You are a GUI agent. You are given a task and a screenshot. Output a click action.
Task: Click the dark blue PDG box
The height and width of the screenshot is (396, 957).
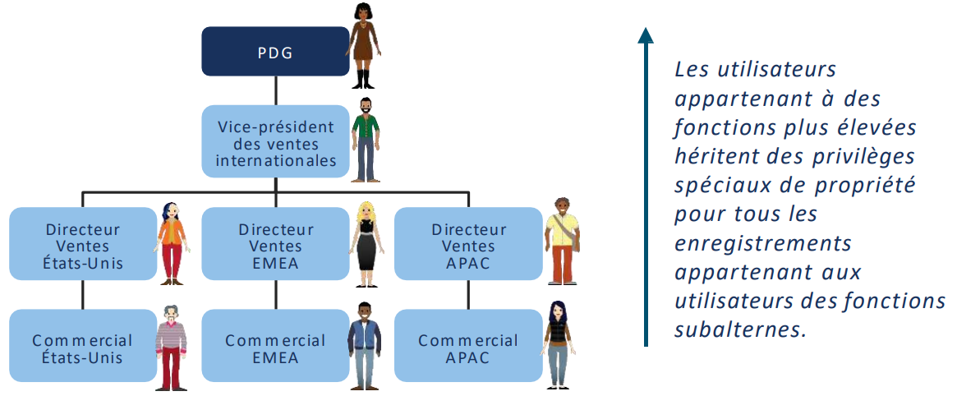tap(276, 52)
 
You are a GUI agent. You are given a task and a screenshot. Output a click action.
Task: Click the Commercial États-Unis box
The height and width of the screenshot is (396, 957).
tap(83, 346)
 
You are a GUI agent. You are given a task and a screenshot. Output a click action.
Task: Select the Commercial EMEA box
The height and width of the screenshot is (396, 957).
tap(276, 346)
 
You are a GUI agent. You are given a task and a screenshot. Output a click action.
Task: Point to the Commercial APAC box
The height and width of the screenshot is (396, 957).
tap(469, 346)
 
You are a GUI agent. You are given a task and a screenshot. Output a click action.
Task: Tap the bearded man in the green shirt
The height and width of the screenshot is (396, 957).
tap(366, 137)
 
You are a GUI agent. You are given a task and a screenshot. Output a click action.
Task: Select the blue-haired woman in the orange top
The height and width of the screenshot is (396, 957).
tap(172, 243)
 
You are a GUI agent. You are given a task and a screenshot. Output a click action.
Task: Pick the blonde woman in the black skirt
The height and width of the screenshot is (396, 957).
tap(365, 243)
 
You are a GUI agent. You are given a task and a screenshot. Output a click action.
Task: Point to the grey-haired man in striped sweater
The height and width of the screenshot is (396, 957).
tap(171, 346)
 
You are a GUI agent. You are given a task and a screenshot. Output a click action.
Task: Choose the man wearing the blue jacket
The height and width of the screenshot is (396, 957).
tap(365, 345)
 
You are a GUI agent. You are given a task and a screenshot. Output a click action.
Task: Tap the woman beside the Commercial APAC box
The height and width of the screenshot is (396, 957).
tap(558, 344)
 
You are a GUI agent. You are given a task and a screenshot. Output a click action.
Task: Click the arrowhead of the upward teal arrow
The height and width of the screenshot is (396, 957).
tap(646, 35)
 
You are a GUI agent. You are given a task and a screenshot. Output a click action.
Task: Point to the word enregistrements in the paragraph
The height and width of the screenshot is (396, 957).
tap(763, 243)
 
